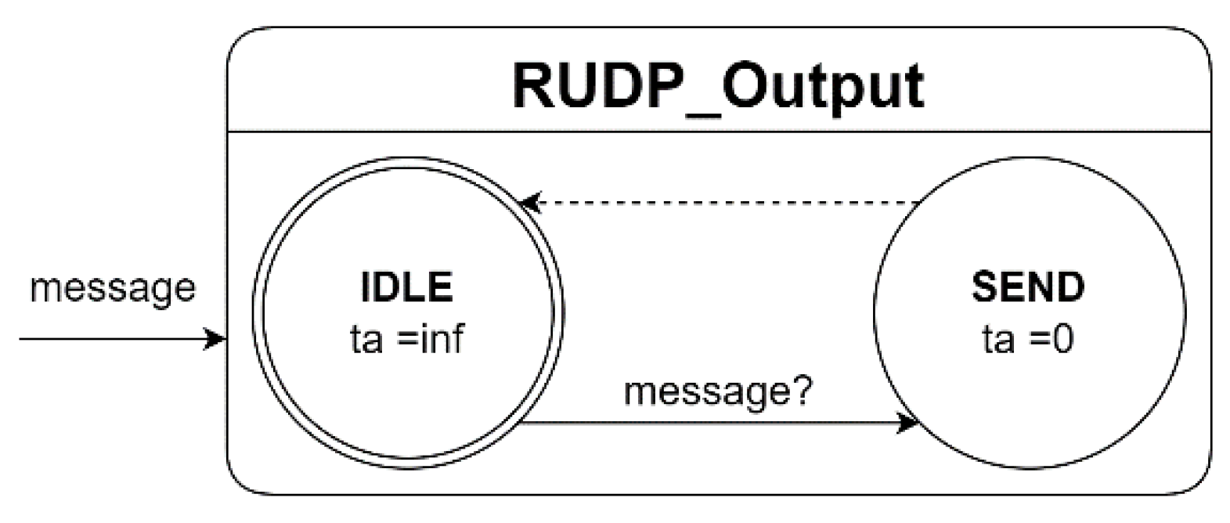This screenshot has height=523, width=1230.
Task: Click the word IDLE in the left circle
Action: click(406, 287)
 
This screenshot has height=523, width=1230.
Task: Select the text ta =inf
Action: click(406, 339)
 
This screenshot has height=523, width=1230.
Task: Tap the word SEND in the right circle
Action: click(1028, 287)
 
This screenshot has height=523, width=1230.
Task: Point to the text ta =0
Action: click(1028, 339)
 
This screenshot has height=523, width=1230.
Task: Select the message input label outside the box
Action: click(112, 287)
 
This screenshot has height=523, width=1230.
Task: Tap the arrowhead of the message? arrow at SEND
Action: click(908, 424)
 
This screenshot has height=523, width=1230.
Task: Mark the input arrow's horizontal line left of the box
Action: click(110, 339)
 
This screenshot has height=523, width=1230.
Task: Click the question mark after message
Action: click(803, 390)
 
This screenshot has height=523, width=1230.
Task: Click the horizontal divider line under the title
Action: click(718, 131)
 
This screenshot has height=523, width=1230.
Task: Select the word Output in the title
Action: click(822, 86)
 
